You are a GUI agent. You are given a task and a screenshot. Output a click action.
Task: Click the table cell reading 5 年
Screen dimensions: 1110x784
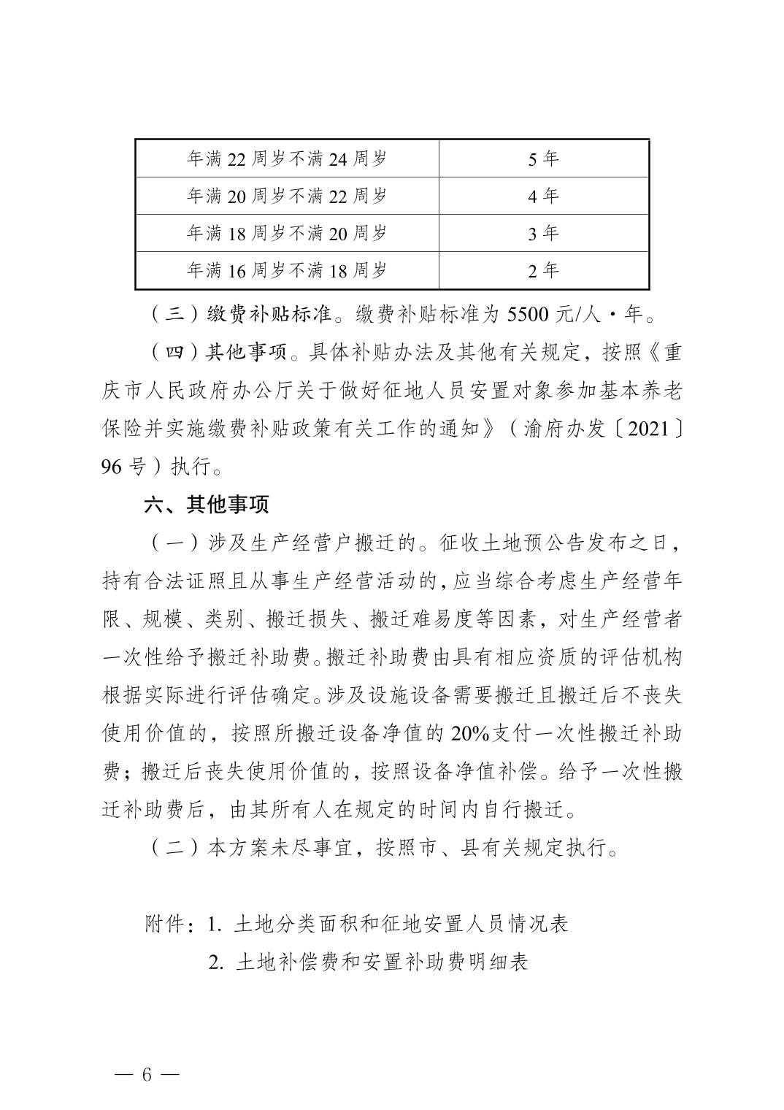point(543,158)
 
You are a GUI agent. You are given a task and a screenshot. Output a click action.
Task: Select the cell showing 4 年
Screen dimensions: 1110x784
point(543,196)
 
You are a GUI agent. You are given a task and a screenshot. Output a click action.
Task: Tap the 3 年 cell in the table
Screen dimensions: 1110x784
point(543,233)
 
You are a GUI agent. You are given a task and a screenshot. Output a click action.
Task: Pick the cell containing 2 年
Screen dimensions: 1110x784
point(543,270)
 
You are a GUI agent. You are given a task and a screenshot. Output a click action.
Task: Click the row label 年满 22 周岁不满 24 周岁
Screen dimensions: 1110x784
point(287,158)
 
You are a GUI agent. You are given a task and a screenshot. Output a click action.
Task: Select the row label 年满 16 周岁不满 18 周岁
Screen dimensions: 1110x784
point(287,270)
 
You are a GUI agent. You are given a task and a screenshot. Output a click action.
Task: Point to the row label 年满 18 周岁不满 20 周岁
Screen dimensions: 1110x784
point(287,233)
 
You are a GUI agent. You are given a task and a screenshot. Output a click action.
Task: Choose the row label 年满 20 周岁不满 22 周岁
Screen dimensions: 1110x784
point(287,196)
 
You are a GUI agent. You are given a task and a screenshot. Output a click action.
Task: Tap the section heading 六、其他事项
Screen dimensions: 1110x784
point(207,504)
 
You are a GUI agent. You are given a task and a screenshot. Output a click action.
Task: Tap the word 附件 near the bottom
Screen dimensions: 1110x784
point(165,924)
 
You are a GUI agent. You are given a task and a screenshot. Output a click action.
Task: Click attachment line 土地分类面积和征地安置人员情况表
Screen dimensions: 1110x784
point(401,924)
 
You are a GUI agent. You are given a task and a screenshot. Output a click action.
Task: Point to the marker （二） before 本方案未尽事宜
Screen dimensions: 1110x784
point(174,848)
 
